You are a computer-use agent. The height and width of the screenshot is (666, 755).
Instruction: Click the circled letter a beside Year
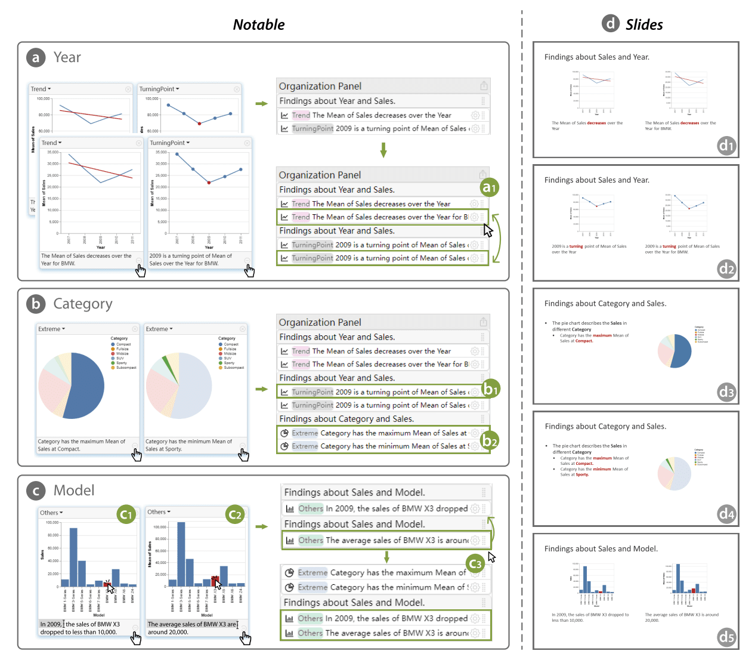click(36, 57)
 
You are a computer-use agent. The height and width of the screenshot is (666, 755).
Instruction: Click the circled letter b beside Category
click(36, 304)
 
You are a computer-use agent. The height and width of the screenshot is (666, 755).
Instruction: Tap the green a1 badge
click(489, 187)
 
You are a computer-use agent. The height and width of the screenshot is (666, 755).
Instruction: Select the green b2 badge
click(490, 441)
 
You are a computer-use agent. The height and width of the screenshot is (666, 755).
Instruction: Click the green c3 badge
click(475, 563)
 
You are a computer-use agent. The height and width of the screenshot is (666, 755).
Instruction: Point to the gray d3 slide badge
click(726, 392)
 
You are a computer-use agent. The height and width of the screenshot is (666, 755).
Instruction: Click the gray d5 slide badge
click(726, 637)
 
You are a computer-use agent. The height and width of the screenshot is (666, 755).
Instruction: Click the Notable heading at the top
click(259, 25)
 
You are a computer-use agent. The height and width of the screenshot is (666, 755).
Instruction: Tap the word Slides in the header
click(644, 25)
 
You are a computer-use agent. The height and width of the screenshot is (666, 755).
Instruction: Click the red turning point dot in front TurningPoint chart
click(209, 183)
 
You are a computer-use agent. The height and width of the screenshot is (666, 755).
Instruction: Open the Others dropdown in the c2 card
click(159, 512)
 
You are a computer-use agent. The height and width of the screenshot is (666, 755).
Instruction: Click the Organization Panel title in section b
click(320, 322)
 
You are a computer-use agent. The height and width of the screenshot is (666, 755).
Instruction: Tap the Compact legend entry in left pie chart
click(122, 344)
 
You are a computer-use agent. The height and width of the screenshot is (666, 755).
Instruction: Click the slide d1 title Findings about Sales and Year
click(596, 57)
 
